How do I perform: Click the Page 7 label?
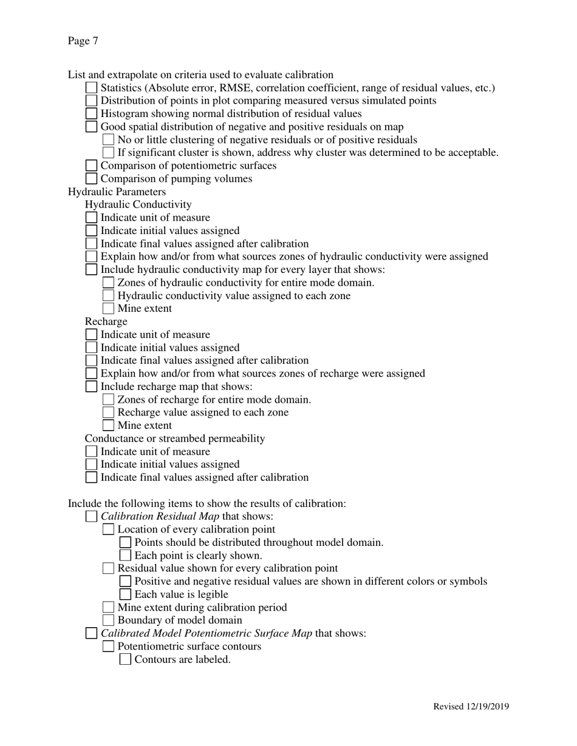point(83,41)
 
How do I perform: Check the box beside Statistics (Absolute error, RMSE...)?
point(91,89)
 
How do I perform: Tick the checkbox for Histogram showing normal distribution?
point(91,114)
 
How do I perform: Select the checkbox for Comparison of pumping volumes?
point(91,179)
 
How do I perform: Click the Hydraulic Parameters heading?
point(117,192)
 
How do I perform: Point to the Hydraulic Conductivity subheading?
point(138,204)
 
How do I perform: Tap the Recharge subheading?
point(106,321)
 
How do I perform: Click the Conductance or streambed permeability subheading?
point(175,439)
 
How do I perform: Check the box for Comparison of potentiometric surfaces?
point(91,166)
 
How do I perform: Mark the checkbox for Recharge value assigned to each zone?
point(108,413)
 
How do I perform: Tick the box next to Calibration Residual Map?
point(91,517)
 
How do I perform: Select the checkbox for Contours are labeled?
point(125,660)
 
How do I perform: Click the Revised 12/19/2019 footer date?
point(471,707)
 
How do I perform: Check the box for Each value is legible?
point(125,595)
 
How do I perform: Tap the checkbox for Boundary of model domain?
point(108,620)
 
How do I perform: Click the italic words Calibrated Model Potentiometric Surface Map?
point(207,634)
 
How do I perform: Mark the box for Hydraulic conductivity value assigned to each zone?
point(108,296)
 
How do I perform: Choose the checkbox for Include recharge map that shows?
point(91,387)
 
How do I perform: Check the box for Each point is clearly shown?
point(125,556)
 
